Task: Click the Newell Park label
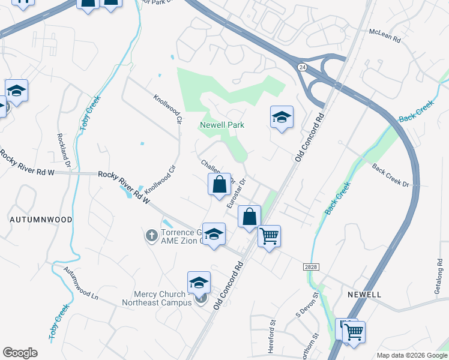click(222, 125)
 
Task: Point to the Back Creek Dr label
click(390, 175)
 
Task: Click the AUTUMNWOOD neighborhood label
click(41, 220)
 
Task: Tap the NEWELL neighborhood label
click(364, 295)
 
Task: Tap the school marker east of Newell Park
click(281, 117)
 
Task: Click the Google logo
click(20, 353)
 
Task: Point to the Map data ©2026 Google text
click(412, 355)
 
